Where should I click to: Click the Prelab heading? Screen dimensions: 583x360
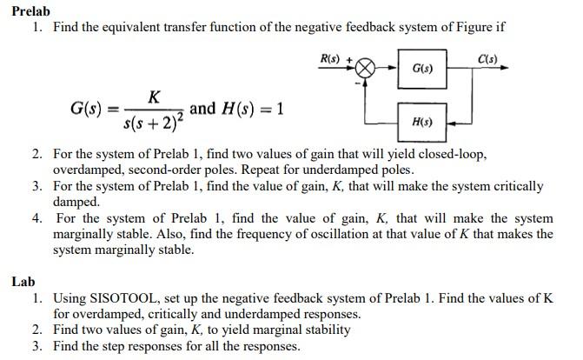coord(31,10)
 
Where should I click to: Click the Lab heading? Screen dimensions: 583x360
coord(23,282)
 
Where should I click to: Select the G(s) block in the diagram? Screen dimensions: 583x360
coord(424,67)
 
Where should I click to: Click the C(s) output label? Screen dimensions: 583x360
coord(488,58)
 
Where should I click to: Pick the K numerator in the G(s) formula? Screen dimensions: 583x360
coord(154,93)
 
